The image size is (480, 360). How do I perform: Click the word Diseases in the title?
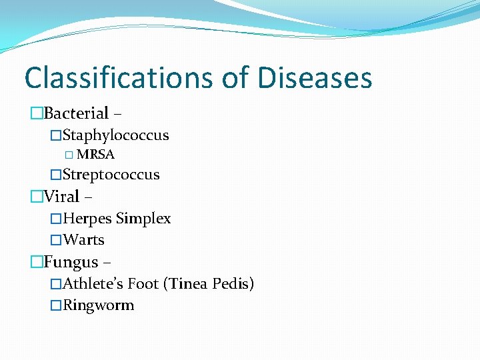315,77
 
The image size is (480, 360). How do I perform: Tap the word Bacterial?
76,113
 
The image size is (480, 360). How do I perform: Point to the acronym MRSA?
96,155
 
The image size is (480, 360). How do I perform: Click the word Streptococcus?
111,175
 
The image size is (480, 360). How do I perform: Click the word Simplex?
143,219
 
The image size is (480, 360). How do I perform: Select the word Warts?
84,240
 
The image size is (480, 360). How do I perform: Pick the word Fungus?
71,262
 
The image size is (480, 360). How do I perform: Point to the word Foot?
143,284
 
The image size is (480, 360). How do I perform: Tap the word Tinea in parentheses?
187,284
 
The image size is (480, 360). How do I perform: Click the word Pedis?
233,284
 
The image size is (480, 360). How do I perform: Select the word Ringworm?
99,305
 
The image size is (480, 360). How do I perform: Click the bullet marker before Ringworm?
56,306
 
